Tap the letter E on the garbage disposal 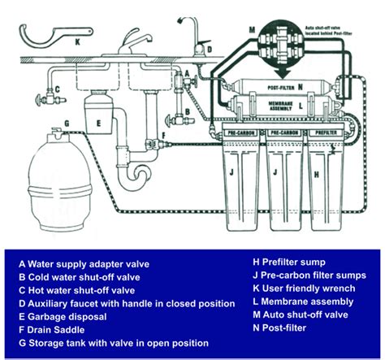click(x=97, y=124)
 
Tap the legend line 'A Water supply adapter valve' click(x=86, y=263)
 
